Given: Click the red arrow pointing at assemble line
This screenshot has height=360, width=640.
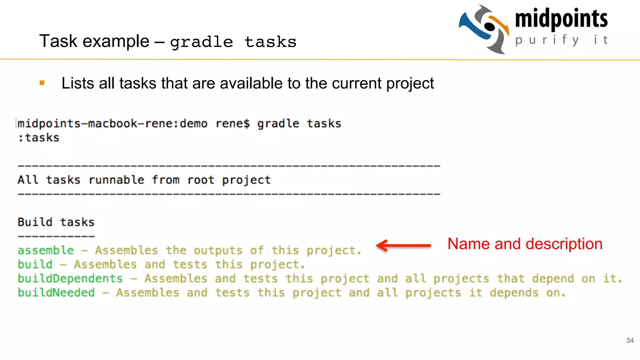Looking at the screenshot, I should pyautogui.click(x=403, y=245).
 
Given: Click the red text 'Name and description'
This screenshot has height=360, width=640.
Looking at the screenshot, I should pyautogui.click(x=525, y=244).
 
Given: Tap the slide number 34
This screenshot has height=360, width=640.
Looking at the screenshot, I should pyautogui.click(x=630, y=340).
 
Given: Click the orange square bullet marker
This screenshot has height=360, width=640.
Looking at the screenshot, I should pyautogui.click(x=42, y=83).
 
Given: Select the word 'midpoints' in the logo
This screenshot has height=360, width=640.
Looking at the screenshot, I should pyautogui.click(x=561, y=19).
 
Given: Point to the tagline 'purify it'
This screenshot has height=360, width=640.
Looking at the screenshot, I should pyautogui.click(x=561, y=40).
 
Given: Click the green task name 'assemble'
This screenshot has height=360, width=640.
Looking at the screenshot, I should pyautogui.click(x=46, y=250).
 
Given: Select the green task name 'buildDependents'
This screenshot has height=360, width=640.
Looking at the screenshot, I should pyautogui.click(x=70, y=278).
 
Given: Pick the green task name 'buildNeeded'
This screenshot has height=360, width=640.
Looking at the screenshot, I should pyautogui.click(x=56, y=293).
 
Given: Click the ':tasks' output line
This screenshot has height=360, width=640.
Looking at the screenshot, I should pyautogui.click(x=38, y=137).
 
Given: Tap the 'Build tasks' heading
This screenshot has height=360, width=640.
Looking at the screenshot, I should pyautogui.click(x=56, y=222).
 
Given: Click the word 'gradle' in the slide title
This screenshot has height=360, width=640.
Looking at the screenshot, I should pyautogui.click(x=202, y=42).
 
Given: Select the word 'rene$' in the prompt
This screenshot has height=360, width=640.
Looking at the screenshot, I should pyautogui.click(x=233, y=124).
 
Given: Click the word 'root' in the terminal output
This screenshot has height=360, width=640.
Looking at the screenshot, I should pyautogui.click(x=201, y=180).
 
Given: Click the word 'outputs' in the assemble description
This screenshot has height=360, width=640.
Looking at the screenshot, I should pyautogui.click(x=218, y=250).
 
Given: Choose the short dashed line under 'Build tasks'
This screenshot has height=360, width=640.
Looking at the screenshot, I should pyautogui.click(x=56, y=236).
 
